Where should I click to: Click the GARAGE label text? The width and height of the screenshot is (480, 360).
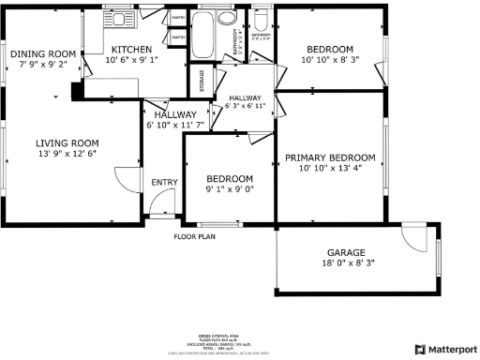[346, 252]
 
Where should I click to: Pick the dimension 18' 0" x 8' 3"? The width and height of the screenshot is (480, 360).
[346, 264]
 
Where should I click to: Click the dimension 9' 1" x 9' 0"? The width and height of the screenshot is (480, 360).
[230, 190]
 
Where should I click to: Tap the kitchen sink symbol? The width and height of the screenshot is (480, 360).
[118, 19]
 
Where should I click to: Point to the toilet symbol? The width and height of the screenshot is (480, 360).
[262, 20]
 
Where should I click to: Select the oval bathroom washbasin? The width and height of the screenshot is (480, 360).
[227, 19]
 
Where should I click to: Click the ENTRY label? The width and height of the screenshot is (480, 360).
[164, 183]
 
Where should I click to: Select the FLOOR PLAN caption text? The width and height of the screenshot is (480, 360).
[194, 236]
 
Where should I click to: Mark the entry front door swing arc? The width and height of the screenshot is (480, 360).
[163, 200]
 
